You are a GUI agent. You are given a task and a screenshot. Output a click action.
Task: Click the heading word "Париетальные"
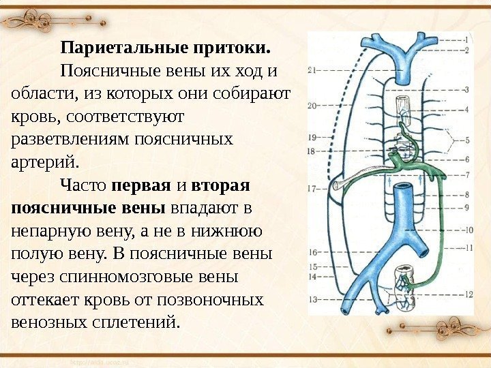114,48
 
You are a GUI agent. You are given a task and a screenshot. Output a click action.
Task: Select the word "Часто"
83,185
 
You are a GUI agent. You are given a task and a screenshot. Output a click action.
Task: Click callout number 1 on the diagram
465,39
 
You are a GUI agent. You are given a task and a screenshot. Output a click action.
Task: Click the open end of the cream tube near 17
337,185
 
